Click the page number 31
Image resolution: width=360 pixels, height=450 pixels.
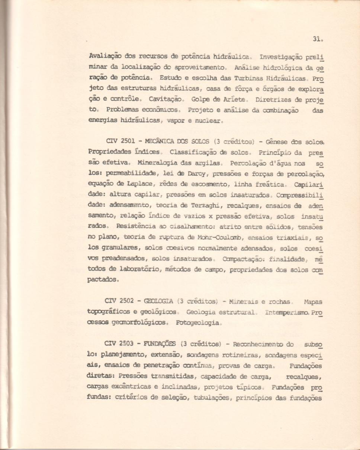click(316, 38)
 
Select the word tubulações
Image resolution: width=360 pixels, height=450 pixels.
click(206, 398)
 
